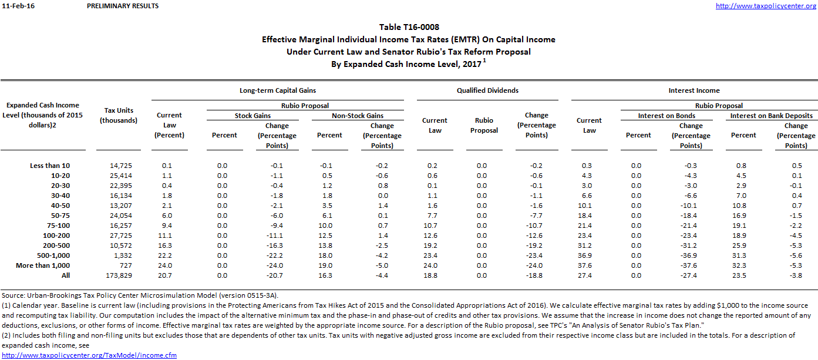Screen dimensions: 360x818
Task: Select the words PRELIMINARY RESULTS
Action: point(122,6)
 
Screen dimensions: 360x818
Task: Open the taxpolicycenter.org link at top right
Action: point(766,6)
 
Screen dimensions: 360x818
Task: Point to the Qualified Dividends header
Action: point(487,90)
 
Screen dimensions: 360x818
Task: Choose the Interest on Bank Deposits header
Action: point(771,116)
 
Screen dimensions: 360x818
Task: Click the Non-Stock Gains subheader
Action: point(358,116)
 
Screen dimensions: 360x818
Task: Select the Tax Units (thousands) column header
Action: point(119,115)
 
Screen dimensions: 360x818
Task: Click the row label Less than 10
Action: point(49,166)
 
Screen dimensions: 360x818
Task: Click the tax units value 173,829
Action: point(121,275)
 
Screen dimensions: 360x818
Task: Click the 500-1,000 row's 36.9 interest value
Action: point(589,255)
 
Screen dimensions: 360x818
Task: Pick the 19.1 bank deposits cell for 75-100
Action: point(743,226)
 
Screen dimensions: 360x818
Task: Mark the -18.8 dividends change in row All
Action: point(536,275)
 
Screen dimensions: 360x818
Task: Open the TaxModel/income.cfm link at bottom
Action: point(89,355)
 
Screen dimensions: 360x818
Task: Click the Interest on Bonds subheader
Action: point(666,116)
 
